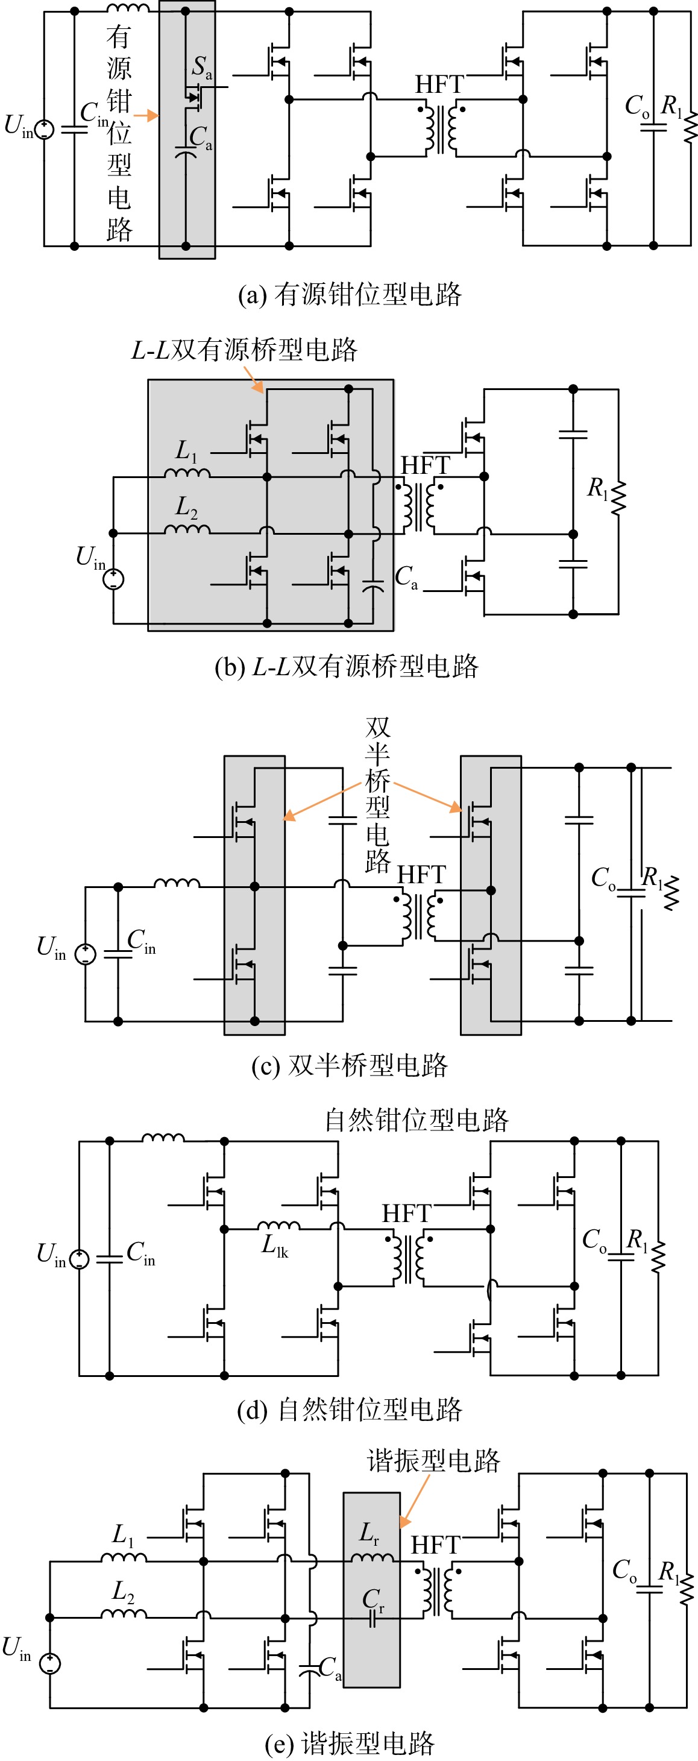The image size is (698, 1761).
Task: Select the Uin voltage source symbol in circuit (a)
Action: pyautogui.click(x=45, y=129)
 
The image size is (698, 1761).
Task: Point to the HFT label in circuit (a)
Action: pyautogui.click(x=439, y=85)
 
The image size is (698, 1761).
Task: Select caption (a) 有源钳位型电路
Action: pyautogui.click(x=350, y=294)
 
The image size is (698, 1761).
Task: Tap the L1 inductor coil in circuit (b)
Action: pyautogui.click(x=187, y=473)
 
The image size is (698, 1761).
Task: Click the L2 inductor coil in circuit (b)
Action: pyautogui.click(x=187, y=529)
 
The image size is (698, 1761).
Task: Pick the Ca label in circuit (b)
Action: pyautogui.click(x=407, y=577)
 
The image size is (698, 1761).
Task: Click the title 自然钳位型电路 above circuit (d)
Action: pyautogui.click(x=417, y=1120)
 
